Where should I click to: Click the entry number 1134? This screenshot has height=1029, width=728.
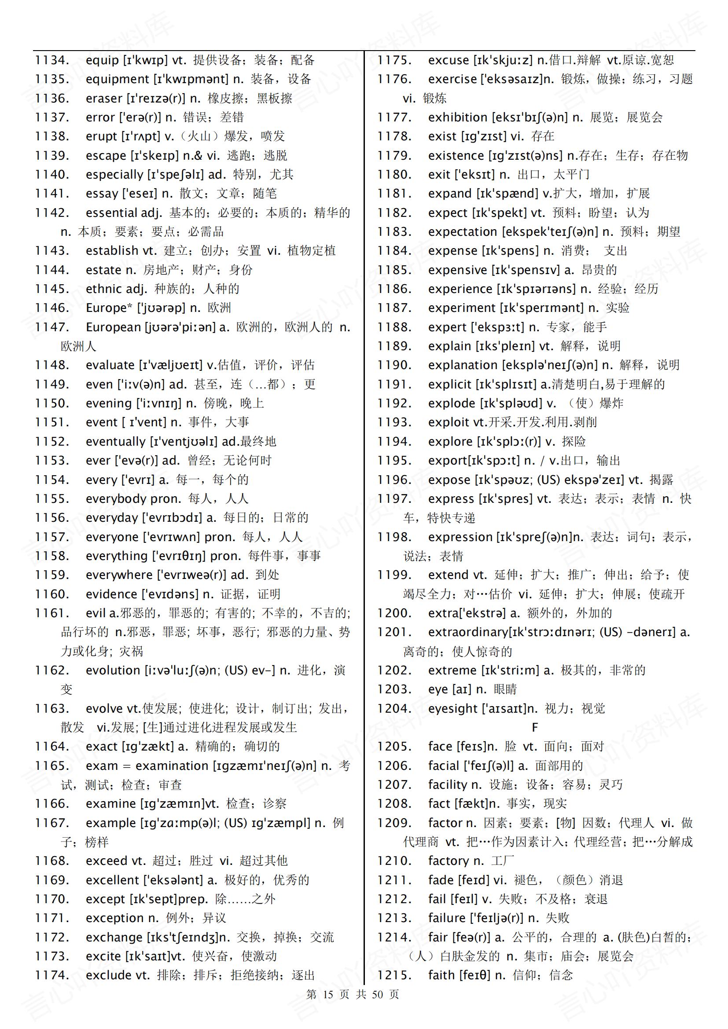(52, 60)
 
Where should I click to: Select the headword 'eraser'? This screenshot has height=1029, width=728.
(103, 98)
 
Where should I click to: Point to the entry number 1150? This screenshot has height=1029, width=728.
(52, 403)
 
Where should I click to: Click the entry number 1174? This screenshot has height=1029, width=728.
(52, 976)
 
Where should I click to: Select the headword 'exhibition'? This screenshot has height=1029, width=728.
(457, 117)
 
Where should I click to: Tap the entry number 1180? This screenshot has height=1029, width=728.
(394, 174)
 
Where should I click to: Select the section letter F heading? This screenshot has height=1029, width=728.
(534, 727)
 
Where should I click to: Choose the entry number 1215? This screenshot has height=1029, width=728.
(394, 976)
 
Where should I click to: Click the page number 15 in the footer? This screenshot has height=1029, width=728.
(328, 995)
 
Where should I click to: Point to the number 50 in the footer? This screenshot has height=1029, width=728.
(378, 995)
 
